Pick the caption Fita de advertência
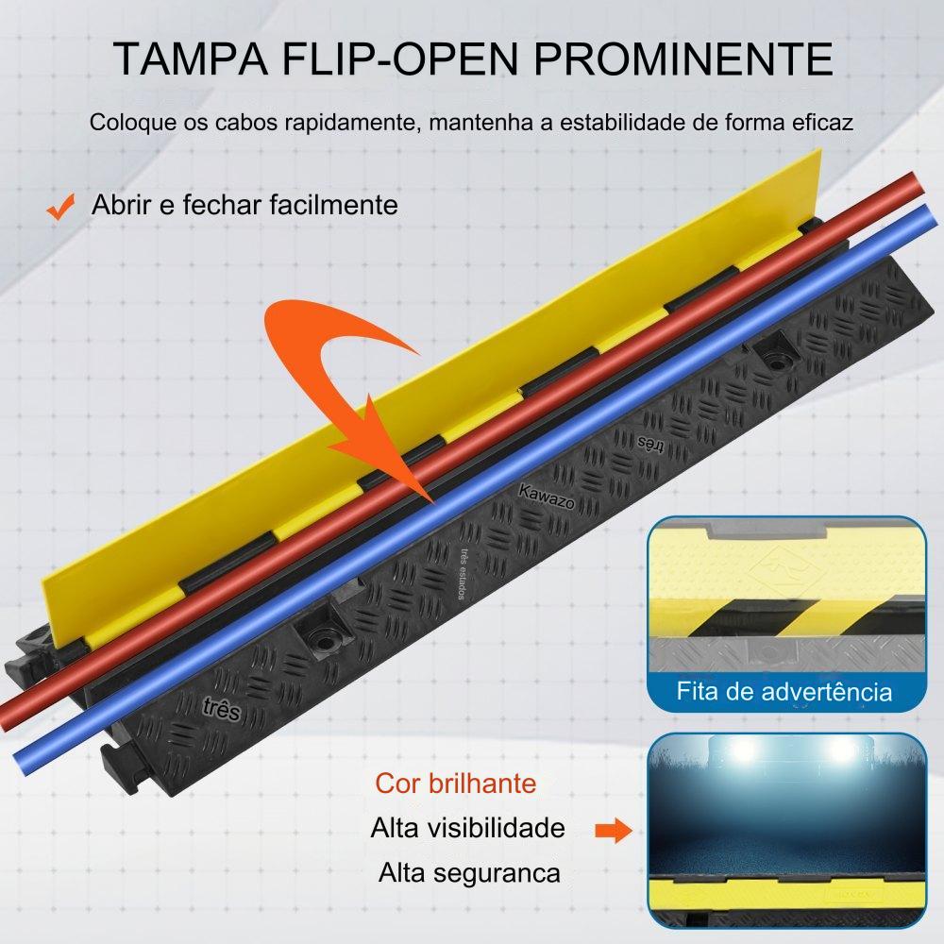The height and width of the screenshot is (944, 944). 784,692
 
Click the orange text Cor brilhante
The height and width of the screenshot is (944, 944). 456,784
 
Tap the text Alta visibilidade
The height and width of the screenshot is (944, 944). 468,829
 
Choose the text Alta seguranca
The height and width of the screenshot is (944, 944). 469,873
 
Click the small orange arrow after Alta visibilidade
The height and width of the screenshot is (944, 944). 613,831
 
